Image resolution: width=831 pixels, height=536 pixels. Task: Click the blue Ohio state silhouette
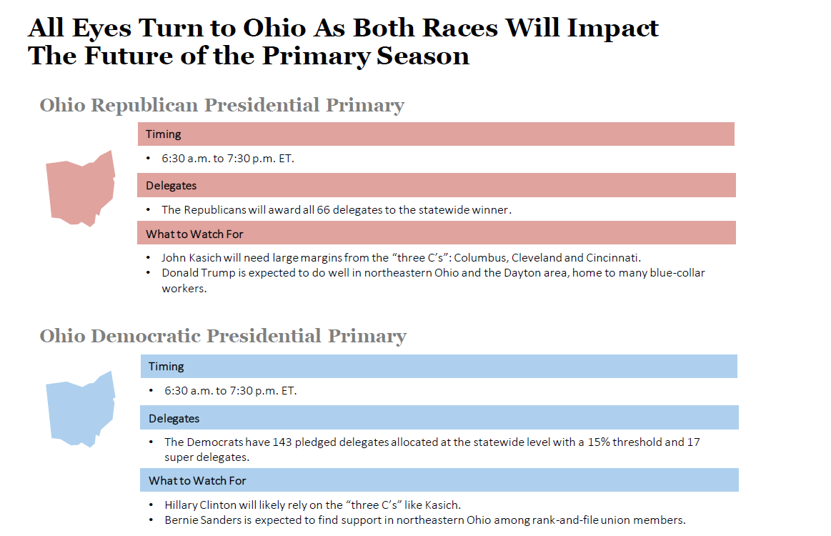click(x=80, y=410)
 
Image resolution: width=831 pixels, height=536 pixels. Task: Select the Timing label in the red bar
click(x=164, y=134)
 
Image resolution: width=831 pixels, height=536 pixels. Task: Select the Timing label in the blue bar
click(x=166, y=367)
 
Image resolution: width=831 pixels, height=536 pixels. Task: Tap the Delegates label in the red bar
click(x=171, y=186)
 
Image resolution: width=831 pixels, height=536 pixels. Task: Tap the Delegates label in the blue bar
click(x=174, y=418)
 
